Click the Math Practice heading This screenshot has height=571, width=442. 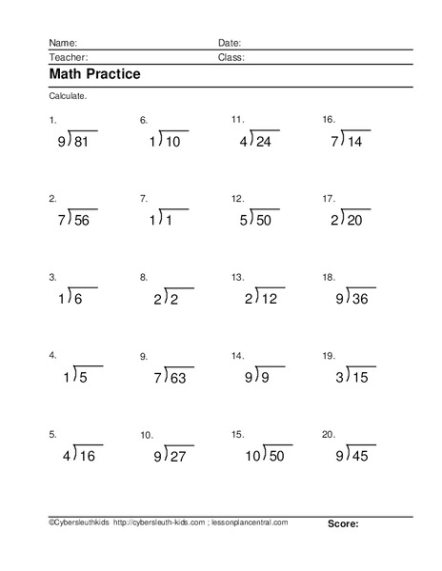(x=94, y=75)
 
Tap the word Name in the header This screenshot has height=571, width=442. (x=61, y=43)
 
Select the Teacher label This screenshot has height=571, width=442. (x=65, y=57)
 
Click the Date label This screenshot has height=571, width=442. (x=230, y=43)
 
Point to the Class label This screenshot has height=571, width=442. (x=231, y=57)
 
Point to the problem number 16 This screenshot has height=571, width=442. (x=328, y=120)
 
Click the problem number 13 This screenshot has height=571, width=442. (x=237, y=277)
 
